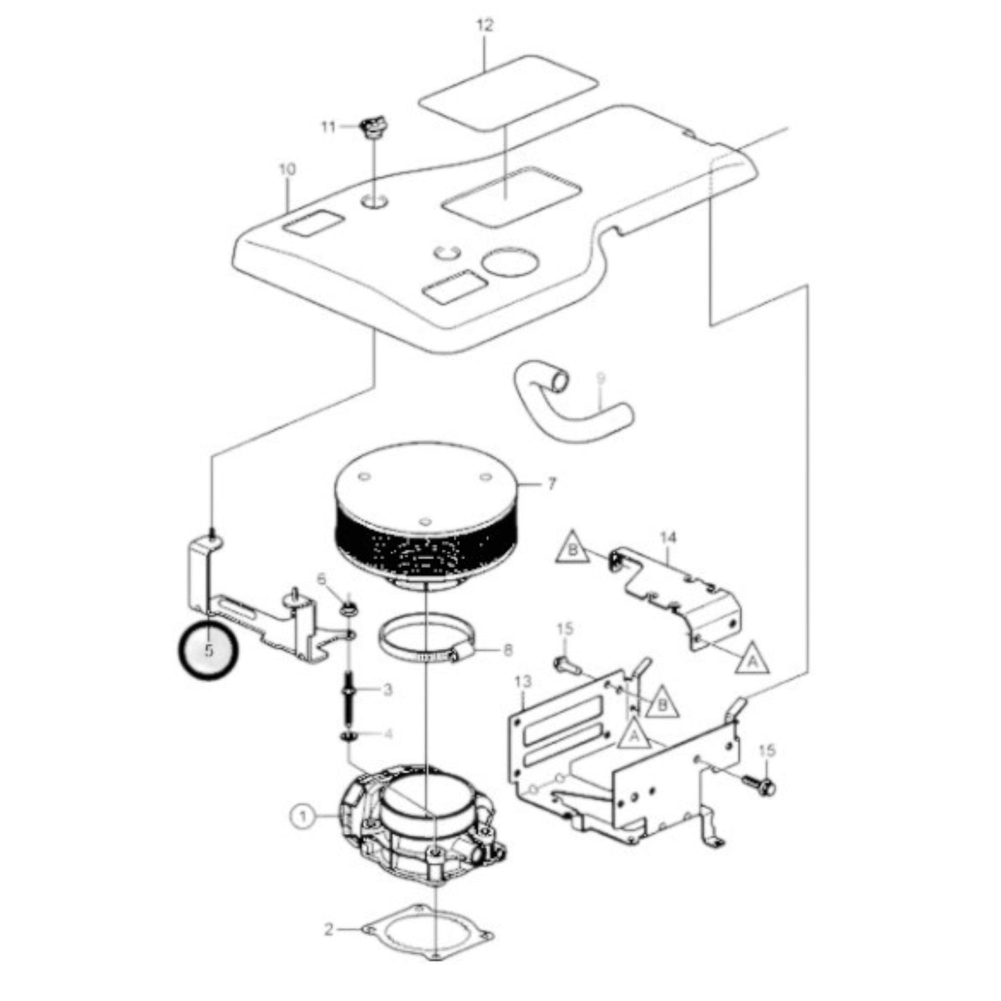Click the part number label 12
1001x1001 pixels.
[x=485, y=26]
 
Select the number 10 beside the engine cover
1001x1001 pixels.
[x=287, y=169]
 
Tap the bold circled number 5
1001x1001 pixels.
[x=208, y=650]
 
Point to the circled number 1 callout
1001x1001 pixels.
[x=302, y=817]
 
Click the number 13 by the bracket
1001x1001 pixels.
[x=523, y=682]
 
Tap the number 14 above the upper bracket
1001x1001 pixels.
[x=668, y=537]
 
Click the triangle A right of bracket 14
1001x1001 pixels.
[x=752, y=658]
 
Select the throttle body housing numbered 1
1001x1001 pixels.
[x=423, y=824]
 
